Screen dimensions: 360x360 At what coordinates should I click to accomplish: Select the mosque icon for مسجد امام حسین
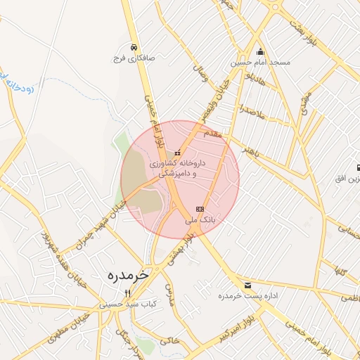261,51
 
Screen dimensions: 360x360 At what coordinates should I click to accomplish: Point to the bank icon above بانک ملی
200,209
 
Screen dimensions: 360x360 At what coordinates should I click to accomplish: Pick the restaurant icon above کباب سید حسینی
127,294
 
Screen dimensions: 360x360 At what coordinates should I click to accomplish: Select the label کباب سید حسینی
128,304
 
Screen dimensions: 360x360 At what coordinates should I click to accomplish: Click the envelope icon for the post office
247,285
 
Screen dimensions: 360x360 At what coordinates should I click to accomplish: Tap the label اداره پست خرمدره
253,296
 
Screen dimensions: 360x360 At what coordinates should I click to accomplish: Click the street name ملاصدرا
250,110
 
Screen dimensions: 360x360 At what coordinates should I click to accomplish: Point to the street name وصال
200,72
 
